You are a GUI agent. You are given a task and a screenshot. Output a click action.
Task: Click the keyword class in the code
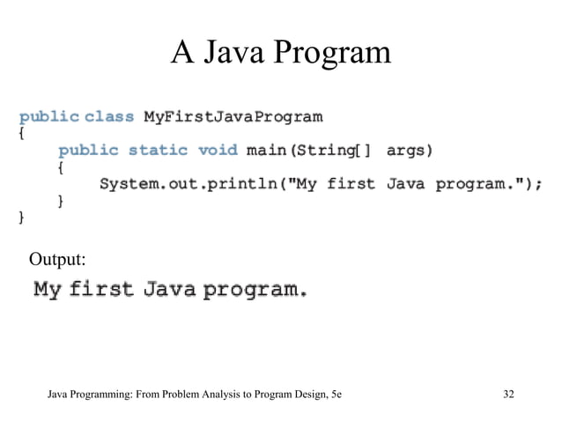109,116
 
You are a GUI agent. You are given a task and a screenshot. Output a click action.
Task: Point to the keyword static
158,150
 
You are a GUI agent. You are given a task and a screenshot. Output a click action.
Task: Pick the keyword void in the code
218,150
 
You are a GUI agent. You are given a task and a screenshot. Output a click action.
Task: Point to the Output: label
57,259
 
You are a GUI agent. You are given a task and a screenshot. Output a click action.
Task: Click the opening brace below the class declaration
22,134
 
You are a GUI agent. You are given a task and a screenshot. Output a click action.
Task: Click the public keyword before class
48,116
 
